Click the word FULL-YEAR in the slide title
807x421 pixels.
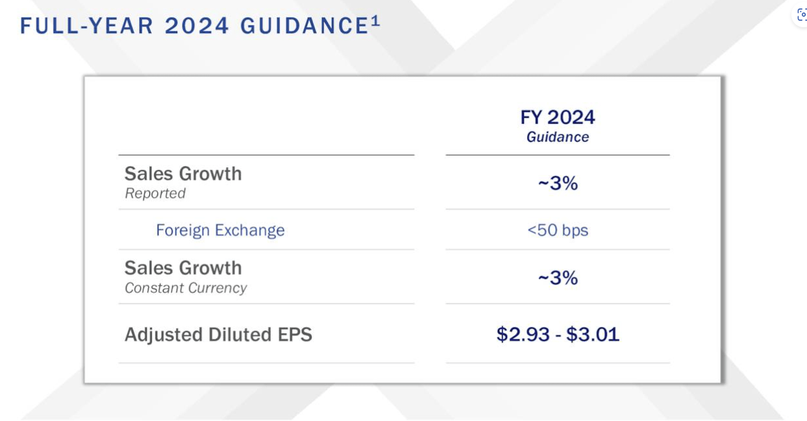(87, 26)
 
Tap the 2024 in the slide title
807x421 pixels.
(197, 26)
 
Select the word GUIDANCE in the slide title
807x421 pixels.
(304, 26)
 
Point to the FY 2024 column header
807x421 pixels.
(557, 117)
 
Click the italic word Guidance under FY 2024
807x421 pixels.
(557, 138)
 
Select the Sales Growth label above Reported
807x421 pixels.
(183, 174)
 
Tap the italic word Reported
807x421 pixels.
(155, 193)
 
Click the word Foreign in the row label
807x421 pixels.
(182, 230)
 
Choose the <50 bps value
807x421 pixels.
(557, 230)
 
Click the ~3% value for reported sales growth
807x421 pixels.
(557, 184)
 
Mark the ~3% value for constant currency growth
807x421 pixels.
(557, 278)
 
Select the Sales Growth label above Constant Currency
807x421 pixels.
(183, 268)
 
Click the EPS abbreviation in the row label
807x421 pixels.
(295, 335)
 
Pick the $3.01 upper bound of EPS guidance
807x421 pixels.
(592, 335)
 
